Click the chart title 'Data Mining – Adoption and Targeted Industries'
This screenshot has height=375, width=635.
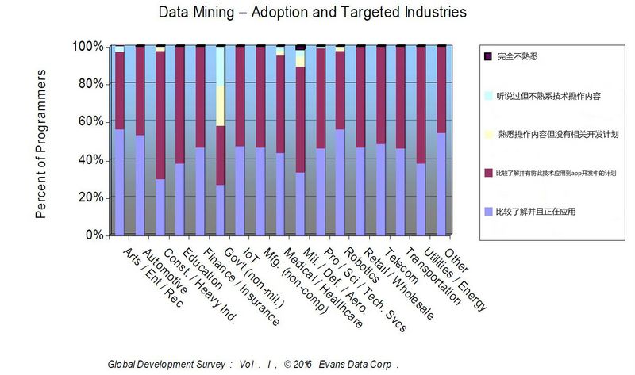[x=312, y=13]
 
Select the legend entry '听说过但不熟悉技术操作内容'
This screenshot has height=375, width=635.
[x=548, y=96]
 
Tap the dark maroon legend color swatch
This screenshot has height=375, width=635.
[x=487, y=173]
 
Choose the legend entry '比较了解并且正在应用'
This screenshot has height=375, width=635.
[x=540, y=212]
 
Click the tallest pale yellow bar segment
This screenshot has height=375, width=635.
[x=220, y=86]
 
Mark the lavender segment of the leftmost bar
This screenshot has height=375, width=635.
[x=119, y=182]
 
